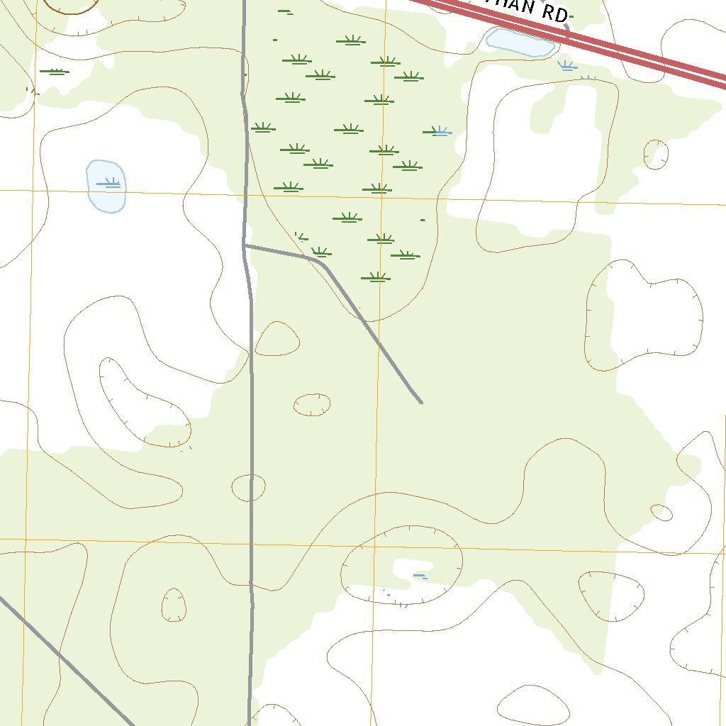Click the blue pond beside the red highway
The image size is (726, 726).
pos(521,43)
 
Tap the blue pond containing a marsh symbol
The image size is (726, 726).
pos(106,186)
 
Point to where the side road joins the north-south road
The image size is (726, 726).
pos(245,246)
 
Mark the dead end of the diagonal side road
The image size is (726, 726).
pos(421,402)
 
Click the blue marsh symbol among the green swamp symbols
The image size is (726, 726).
pos(440,131)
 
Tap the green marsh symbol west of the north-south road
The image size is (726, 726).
pos(55,71)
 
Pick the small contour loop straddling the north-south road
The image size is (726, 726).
pos(249,487)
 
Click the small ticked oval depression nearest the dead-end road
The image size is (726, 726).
pos(312,404)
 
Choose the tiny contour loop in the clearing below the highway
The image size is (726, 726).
pos(656,154)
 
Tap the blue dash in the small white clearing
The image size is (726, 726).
pos(420,575)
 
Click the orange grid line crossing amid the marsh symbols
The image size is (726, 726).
pos(381,196)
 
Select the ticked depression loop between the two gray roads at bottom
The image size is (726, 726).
pos(173,604)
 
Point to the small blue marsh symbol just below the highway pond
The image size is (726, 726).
pos(566,66)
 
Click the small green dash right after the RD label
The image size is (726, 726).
pos(572,16)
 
